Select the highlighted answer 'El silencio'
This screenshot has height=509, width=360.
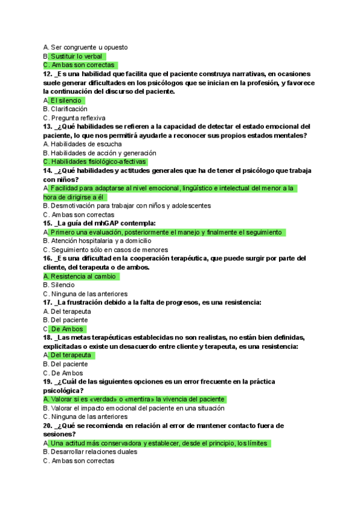point(67,100)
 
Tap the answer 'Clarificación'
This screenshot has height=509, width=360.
point(69,109)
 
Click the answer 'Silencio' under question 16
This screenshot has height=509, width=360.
point(63,285)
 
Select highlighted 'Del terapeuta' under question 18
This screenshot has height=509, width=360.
point(71,355)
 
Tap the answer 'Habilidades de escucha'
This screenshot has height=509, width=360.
point(86,144)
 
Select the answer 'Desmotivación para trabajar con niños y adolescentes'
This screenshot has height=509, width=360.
point(130,206)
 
